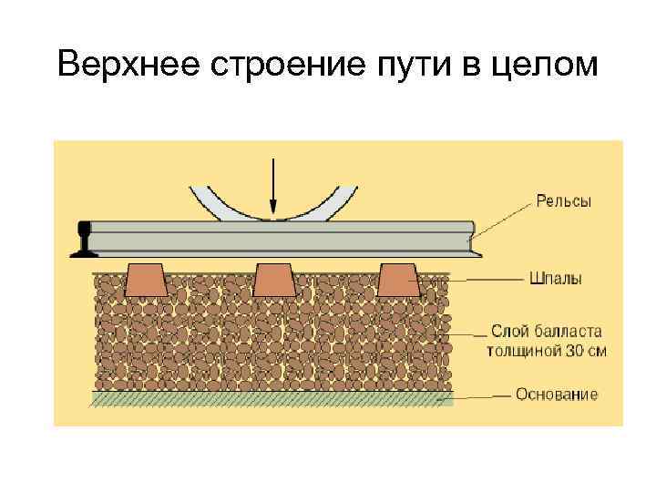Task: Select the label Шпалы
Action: coord(556,278)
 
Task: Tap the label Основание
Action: coord(557,395)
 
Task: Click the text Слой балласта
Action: coord(546,331)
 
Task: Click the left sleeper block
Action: coord(146,280)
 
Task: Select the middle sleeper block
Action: coord(272,280)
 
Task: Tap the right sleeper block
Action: coord(398,280)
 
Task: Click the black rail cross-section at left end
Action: coord(84,239)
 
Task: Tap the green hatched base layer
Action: coord(273,398)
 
